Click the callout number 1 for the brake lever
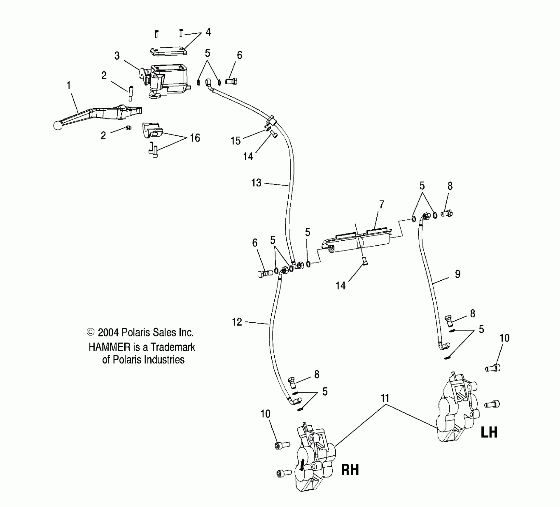click(x=69, y=86)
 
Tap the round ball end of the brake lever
click(x=58, y=126)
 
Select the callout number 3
click(x=117, y=56)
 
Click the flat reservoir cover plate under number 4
click(x=168, y=51)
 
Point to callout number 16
click(x=195, y=138)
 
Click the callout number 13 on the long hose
click(x=256, y=183)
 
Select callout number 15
click(x=236, y=141)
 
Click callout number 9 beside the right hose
click(x=458, y=274)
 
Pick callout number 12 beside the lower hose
click(x=237, y=322)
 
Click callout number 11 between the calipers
click(x=385, y=398)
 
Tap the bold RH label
click(x=350, y=470)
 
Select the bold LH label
click(x=489, y=432)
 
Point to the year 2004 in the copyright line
click(x=109, y=333)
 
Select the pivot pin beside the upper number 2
click(x=131, y=93)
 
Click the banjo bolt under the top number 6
click(x=232, y=81)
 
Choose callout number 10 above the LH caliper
click(x=505, y=338)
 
